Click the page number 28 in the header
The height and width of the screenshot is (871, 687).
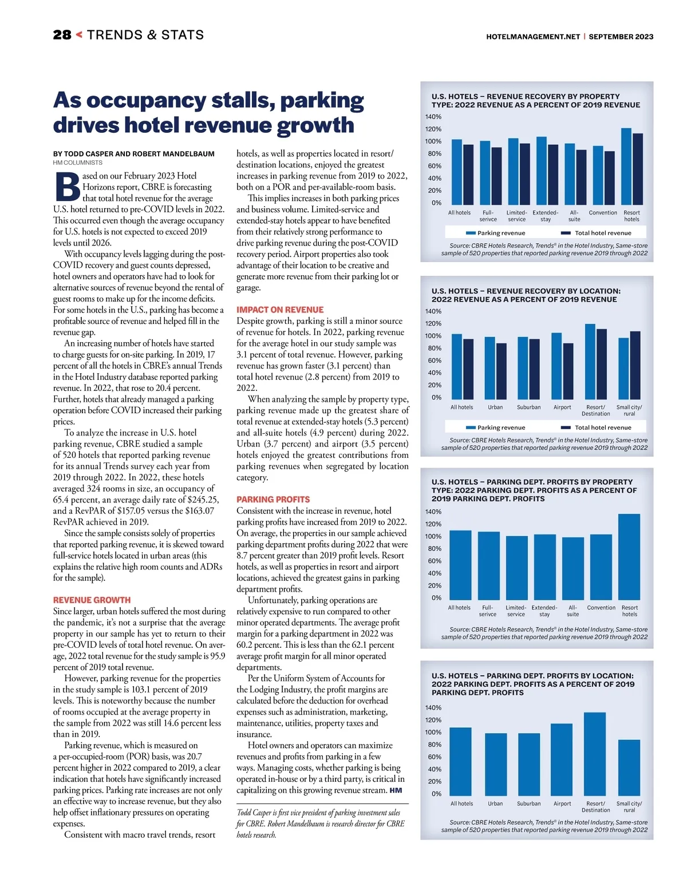coord(62,35)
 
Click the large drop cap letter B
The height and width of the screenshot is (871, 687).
coord(68,187)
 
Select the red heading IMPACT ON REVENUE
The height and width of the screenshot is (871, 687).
coord(280,310)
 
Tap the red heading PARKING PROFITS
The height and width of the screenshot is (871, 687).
coord(273,500)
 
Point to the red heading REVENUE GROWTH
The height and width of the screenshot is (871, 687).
coord(92,600)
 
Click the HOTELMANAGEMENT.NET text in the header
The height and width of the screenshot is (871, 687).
coord(533,37)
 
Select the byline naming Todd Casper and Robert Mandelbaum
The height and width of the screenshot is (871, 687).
coord(134,154)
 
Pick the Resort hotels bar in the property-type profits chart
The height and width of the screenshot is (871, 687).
coord(629,556)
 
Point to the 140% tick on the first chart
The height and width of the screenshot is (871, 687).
coord(433,117)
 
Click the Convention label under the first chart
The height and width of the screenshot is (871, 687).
coord(603,213)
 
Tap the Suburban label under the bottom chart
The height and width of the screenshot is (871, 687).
coord(528,803)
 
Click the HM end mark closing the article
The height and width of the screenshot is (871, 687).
coord(396,790)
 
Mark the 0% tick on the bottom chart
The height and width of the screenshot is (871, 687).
coord(436,794)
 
